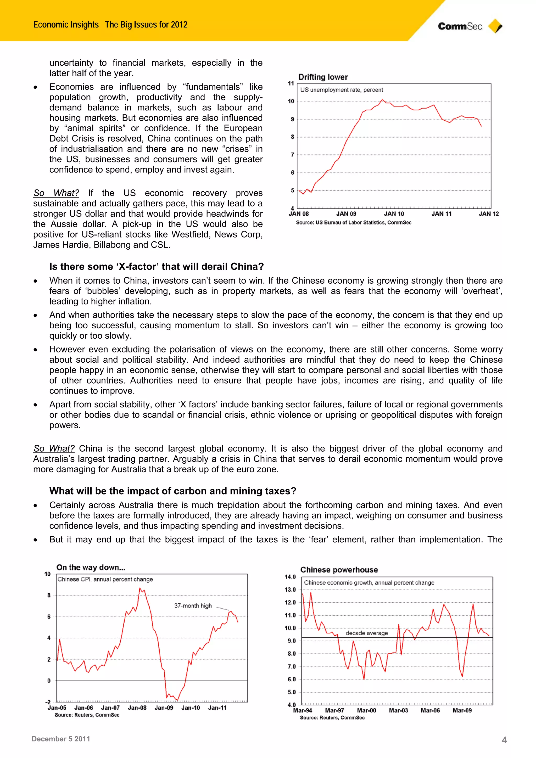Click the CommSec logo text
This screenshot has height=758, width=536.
(460, 26)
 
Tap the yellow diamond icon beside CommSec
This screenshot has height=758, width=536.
(495, 26)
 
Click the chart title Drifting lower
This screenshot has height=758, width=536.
(323, 77)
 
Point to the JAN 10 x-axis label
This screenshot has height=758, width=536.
(394, 214)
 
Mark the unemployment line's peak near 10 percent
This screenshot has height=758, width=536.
(382, 99)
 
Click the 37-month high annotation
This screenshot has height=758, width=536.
(193, 605)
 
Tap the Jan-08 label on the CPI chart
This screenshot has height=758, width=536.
(137, 708)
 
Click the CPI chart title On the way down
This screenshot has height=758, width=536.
(91, 567)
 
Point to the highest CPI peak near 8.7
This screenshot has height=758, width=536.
(140, 588)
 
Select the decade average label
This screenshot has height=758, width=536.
(367, 633)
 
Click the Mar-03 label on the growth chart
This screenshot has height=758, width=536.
(398, 710)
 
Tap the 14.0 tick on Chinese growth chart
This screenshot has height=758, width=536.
(290, 577)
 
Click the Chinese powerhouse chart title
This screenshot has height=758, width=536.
(339, 570)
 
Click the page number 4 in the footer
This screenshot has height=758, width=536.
(504, 740)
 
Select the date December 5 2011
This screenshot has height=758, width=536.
(61, 739)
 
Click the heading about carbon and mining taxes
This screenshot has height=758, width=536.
(173, 491)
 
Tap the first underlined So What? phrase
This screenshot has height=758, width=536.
(56, 193)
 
